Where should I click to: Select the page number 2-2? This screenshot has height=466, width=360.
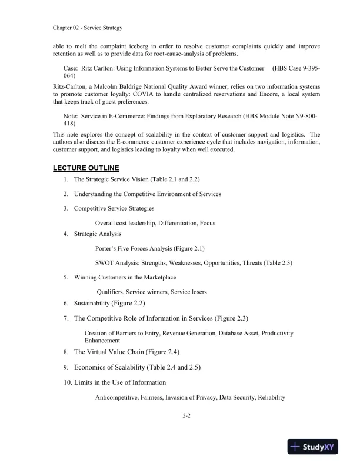tap(187, 415)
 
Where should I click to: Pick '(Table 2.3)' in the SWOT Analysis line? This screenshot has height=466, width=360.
tap(274, 262)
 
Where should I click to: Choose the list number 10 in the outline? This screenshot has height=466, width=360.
tap(67, 382)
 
